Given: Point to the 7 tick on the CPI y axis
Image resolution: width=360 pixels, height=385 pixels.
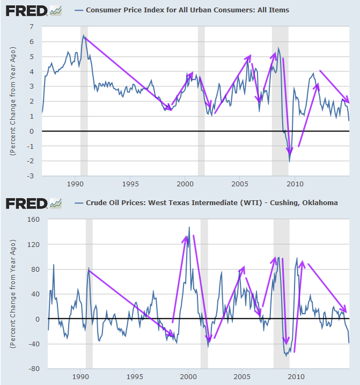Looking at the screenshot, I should (32, 27).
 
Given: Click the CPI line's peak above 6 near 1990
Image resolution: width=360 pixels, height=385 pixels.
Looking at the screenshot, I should (83, 35).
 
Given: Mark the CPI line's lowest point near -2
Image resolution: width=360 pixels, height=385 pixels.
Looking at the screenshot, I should (290, 161).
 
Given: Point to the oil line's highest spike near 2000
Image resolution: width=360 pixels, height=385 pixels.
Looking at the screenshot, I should (189, 227).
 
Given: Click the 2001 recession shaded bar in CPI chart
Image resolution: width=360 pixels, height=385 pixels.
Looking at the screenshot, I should (201, 107).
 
